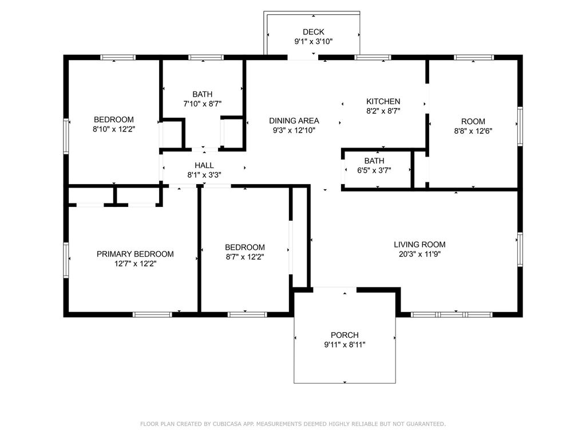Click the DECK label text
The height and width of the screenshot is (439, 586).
[313, 31]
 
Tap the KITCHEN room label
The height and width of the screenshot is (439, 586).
[383, 101]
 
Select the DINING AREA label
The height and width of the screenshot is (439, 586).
[294, 121]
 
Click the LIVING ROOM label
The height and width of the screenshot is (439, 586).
[419, 244]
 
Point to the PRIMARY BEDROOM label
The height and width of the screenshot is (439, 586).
[135, 254]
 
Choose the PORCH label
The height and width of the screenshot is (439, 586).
[345, 335]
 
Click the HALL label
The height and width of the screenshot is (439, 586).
[204, 165]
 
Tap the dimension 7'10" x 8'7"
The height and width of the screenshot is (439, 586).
[202, 104]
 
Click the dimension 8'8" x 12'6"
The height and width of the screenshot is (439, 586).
[473, 130]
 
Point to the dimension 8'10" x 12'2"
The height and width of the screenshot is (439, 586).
[114, 129]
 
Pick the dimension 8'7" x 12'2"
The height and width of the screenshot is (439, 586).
[244, 257]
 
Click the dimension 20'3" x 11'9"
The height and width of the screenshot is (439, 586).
[419, 254]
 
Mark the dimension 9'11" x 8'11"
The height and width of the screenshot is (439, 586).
[345, 345]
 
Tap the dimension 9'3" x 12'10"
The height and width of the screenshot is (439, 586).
[294, 130]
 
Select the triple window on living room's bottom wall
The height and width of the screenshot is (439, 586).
[452, 314]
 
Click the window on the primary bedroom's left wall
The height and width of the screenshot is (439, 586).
[66, 260]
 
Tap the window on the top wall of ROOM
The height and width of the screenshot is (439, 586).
[474, 57]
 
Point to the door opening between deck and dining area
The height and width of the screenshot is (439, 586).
[303, 57]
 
